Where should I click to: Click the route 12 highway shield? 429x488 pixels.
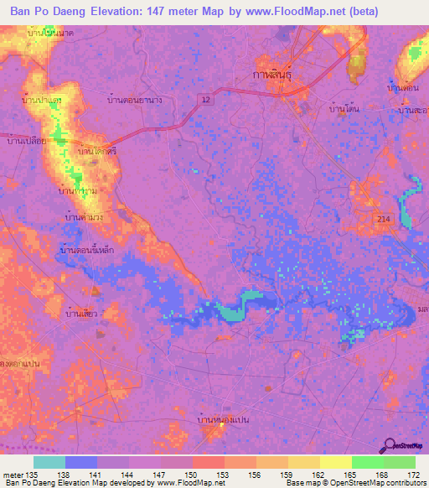(x=205, y=99)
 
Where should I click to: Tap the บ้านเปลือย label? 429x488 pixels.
(x=25, y=141)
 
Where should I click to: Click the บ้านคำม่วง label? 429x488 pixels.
(x=84, y=216)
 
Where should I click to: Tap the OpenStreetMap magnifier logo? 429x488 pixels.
(x=390, y=445)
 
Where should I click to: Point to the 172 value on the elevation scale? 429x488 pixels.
(x=415, y=475)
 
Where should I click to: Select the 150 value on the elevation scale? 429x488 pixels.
(x=192, y=475)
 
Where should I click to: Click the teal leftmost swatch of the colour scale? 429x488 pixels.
(x=49, y=462)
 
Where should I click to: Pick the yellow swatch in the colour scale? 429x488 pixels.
(x=335, y=462)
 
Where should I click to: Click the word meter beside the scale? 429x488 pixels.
(x=12, y=475)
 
